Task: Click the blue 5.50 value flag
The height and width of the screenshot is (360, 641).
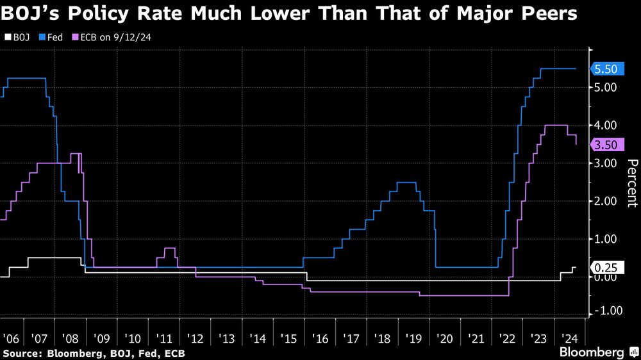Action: pyautogui.click(x=605, y=69)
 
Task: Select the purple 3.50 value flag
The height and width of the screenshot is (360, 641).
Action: pyautogui.click(x=605, y=145)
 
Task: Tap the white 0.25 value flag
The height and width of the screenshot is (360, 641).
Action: pyautogui.click(x=605, y=267)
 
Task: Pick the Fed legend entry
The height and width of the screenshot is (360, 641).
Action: pyautogui.click(x=52, y=37)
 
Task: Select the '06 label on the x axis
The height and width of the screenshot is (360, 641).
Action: pyautogui.click(x=11, y=336)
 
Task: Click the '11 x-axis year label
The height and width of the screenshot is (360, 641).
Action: pyautogui.click(x=165, y=336)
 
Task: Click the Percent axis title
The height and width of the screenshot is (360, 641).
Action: pyautogui.click(x=631, y=183)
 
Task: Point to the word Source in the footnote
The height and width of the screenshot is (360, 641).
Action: pyautogui.click(x=20, y=353)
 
